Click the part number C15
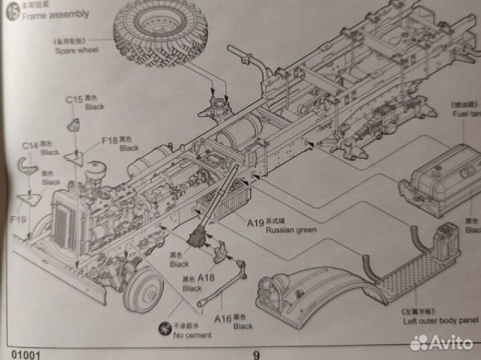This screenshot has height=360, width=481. [74, 100]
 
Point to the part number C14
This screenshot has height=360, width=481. [29, 146]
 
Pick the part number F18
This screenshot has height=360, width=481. [110, 141]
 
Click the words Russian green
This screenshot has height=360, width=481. [291, 230]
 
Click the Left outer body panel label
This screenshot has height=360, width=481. [441, 321]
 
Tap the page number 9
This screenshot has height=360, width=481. [256, 355]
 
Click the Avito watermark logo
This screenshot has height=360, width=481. [444, 343]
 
